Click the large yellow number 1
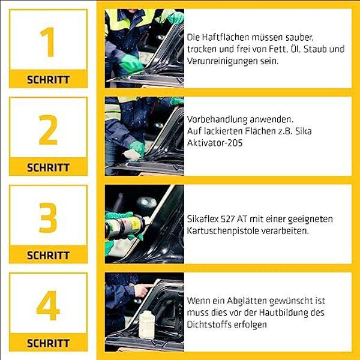tap(48, 42)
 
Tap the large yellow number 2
tap(48, 130)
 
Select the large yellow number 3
tap(48, 218)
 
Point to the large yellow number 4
tap(48, 305)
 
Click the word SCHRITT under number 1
tap(48, 80)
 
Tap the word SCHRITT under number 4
tap(48, 343)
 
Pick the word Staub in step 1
tap(314, 49)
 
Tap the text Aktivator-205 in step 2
tap(215, 143)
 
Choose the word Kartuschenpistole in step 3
tap(222, 231)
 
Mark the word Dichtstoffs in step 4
tap(209, 325)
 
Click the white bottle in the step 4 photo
tap(148, 324)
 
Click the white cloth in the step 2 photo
tap(132, 155)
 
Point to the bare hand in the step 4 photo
tap(142, 290)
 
